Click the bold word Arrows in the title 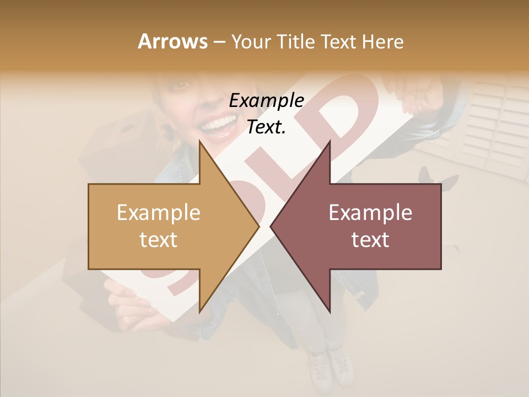172,41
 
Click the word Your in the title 250,42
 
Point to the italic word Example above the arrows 266,101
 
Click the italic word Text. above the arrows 266,127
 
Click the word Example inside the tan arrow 158,213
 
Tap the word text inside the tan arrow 158,240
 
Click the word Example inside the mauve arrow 370,213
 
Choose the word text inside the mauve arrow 370,240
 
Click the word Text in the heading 338,41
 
